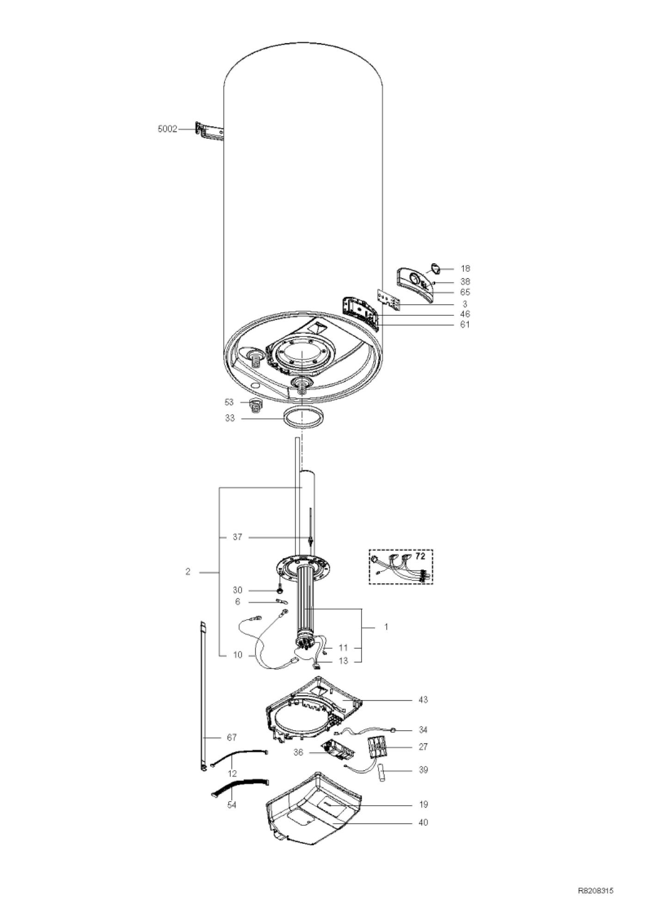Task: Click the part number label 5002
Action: [167, 129]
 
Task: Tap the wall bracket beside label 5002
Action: [209, 132]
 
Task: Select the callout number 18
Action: [465, 268]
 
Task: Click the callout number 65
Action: [465, 292]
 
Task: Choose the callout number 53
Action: [229, 402]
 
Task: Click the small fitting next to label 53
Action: [255, 405]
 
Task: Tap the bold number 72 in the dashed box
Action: [420, 556]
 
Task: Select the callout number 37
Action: [237, 537]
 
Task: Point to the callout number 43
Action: [423, 699]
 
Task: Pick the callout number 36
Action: [298, 753]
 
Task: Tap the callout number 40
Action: [423, 822]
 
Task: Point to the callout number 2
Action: [188, 572]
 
